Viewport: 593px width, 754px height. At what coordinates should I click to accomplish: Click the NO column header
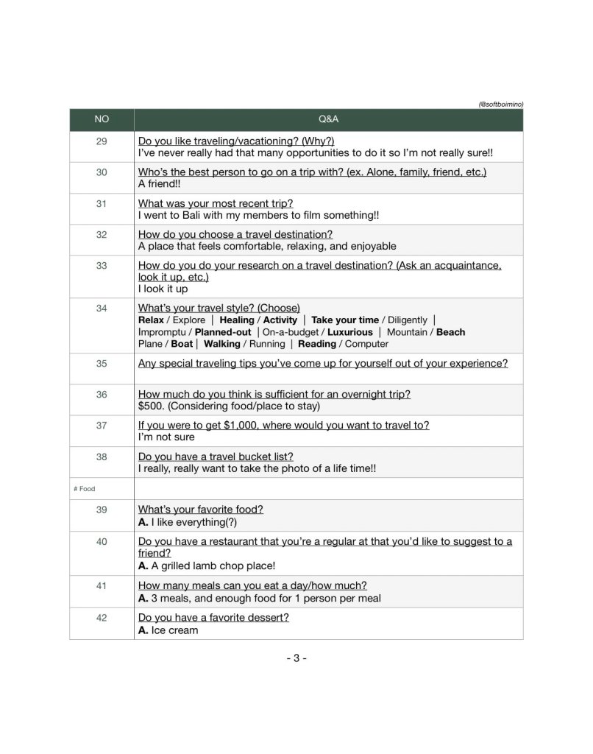pyautogui.click(x=102, y=119)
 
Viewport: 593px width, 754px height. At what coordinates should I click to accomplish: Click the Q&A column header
pyautogui.click(x=328, y=119)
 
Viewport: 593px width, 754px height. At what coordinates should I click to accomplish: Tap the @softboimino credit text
pyautogui.click(x=500, y=105)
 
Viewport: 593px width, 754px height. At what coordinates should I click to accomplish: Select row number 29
pyautogui.click(x=102, y=141)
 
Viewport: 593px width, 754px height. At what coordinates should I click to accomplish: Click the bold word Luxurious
pyautogui.click(x=349, y=332)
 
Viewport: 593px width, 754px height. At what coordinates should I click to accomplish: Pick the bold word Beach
pyautogui.click(x=450, y=332)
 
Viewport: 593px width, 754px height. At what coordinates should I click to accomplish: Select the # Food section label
pyautogui.click(x=85, y=488)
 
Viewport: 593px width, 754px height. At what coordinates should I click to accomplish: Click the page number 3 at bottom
pyautogui.click(x=296, y=658)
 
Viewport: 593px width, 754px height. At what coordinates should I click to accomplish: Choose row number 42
pyautogui.click(x=102, y=618)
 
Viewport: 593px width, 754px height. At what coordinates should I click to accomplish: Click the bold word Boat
pyautogui.click(x=182, y=344)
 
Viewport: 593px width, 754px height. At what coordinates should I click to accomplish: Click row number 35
pyautogui.click(x=102, y=363)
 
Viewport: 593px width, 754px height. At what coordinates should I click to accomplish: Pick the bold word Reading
pyautogui.click(x=317, y=344)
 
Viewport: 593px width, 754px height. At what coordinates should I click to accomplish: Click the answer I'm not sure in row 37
pyautogui.click(x=166, y=437)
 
